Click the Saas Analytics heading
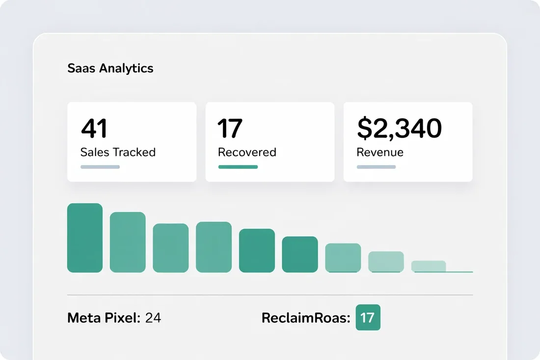coord(110,68)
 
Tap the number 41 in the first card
coord(94,128)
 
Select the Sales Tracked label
coord(118,152)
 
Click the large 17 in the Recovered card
coord(230,128)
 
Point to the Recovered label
coord(247,152)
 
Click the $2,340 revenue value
coord(399,128)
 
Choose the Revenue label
coord(380,152)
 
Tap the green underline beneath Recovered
coord(238,167)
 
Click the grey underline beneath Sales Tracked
coord(100,167)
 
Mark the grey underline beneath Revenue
coord(376,167)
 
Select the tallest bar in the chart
coord(85,238)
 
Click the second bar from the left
coord(128,242)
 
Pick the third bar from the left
coord(171,248)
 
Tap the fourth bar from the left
coord(214,247)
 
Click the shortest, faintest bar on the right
coord(429,266)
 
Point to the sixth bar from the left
coord(300,254)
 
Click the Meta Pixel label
coord(104,318)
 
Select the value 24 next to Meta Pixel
coord(153,318)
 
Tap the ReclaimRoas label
coord(306,318)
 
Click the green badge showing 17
coord(368,317)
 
